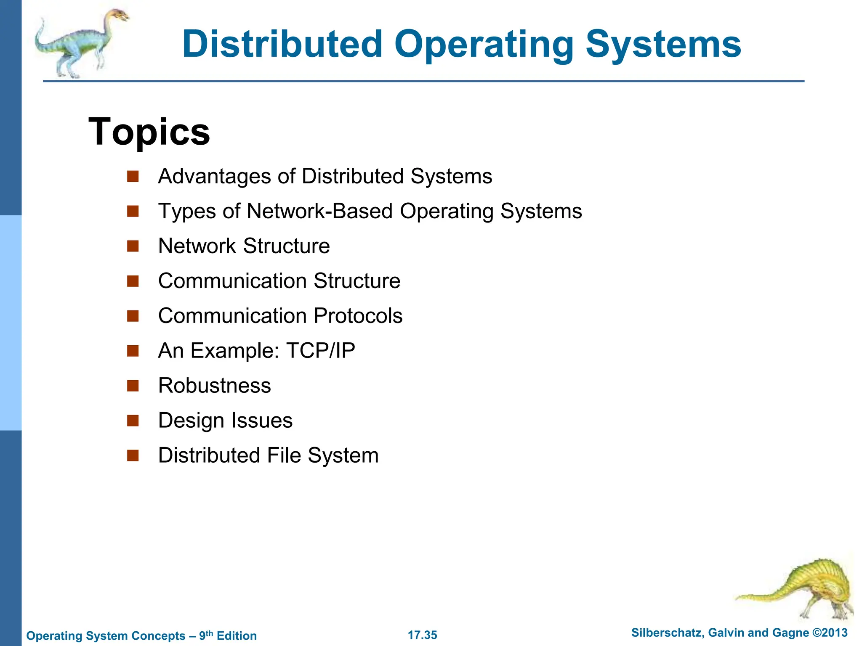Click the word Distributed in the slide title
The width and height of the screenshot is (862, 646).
point(282,44)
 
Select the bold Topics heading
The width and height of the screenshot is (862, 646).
point(149,132)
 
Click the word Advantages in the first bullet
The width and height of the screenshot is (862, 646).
point(214,176)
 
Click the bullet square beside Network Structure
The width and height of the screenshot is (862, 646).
point(133,246)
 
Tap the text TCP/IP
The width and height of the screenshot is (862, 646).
point(320,351)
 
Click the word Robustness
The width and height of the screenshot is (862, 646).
point(214,386)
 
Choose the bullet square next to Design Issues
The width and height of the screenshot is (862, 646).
point(133,421)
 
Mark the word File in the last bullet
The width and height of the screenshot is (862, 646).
point(284,455)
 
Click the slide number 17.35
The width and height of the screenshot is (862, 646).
point(422,635)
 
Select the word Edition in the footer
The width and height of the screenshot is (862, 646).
point(237,636)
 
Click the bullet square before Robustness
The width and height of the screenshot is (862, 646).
point(133,386)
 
